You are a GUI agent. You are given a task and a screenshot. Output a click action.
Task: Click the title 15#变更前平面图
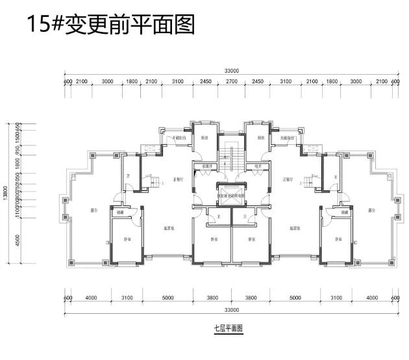click(110, 25)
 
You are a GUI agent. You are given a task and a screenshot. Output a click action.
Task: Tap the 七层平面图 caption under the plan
click(227, 329)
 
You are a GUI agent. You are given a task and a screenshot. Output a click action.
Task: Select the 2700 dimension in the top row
click(231, 81)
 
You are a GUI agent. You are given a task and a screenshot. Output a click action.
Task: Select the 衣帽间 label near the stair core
click(208, 166)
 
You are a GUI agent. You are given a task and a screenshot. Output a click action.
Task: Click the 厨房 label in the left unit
click(204, 138)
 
